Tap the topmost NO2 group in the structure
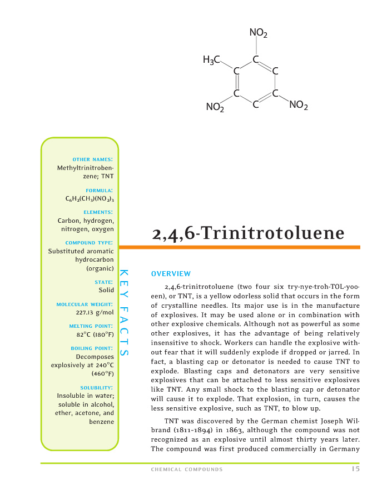[258, 34]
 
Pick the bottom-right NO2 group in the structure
[299, 105]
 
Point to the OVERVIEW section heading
[171, 273]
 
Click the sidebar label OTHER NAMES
[93, 159]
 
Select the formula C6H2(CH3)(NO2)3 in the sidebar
[90, 198]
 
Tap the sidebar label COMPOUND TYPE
[90, 243]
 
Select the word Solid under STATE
[106, 290]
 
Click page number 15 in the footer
[355, 469]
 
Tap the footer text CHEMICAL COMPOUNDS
[187, 469]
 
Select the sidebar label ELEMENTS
[98, 212]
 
